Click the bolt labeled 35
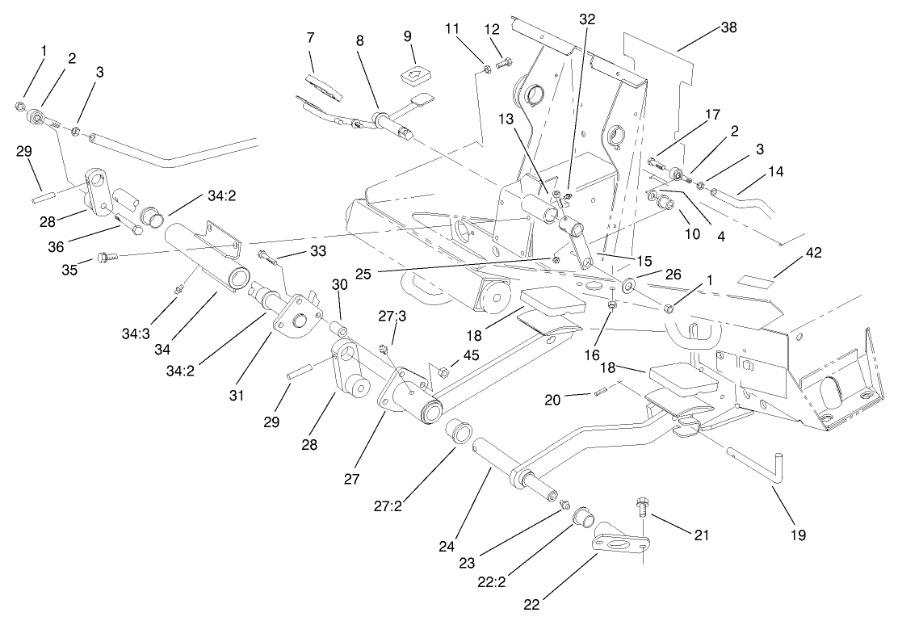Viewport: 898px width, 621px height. click(105, 258)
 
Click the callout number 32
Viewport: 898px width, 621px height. click(587, 19)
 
